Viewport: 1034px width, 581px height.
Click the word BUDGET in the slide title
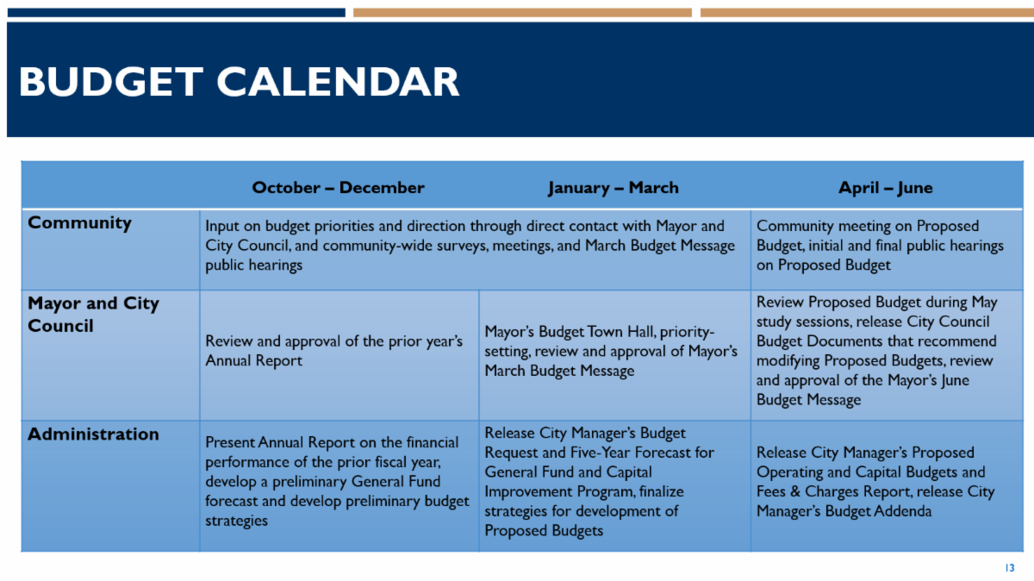click(x=111, y=82)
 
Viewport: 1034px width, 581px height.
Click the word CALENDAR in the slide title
click(x=338, y=82)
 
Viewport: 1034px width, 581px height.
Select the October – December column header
click(x=338, y=188)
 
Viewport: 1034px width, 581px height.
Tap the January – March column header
click(x=614, y=188)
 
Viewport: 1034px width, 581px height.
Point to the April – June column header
click(x=886, y=188)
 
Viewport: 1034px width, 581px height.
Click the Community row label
click(x=79, y=223)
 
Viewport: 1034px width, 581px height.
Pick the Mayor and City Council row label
click(x=93, y=315)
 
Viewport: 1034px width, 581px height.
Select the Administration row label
click(x=93, y=434)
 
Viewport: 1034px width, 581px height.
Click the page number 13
click(x=1010, y=567)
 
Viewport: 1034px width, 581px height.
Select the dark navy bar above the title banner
click(x=177, y=12)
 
